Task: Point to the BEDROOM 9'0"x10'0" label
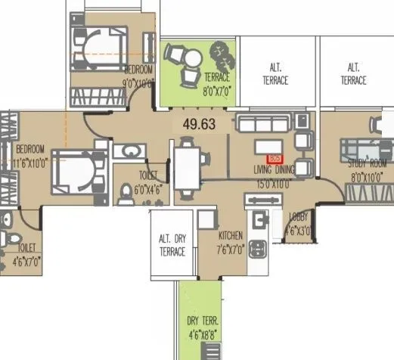pyautogui.click(x=138, y=76)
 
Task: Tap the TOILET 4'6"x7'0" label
pyautogui.click(x=23, y=253)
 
